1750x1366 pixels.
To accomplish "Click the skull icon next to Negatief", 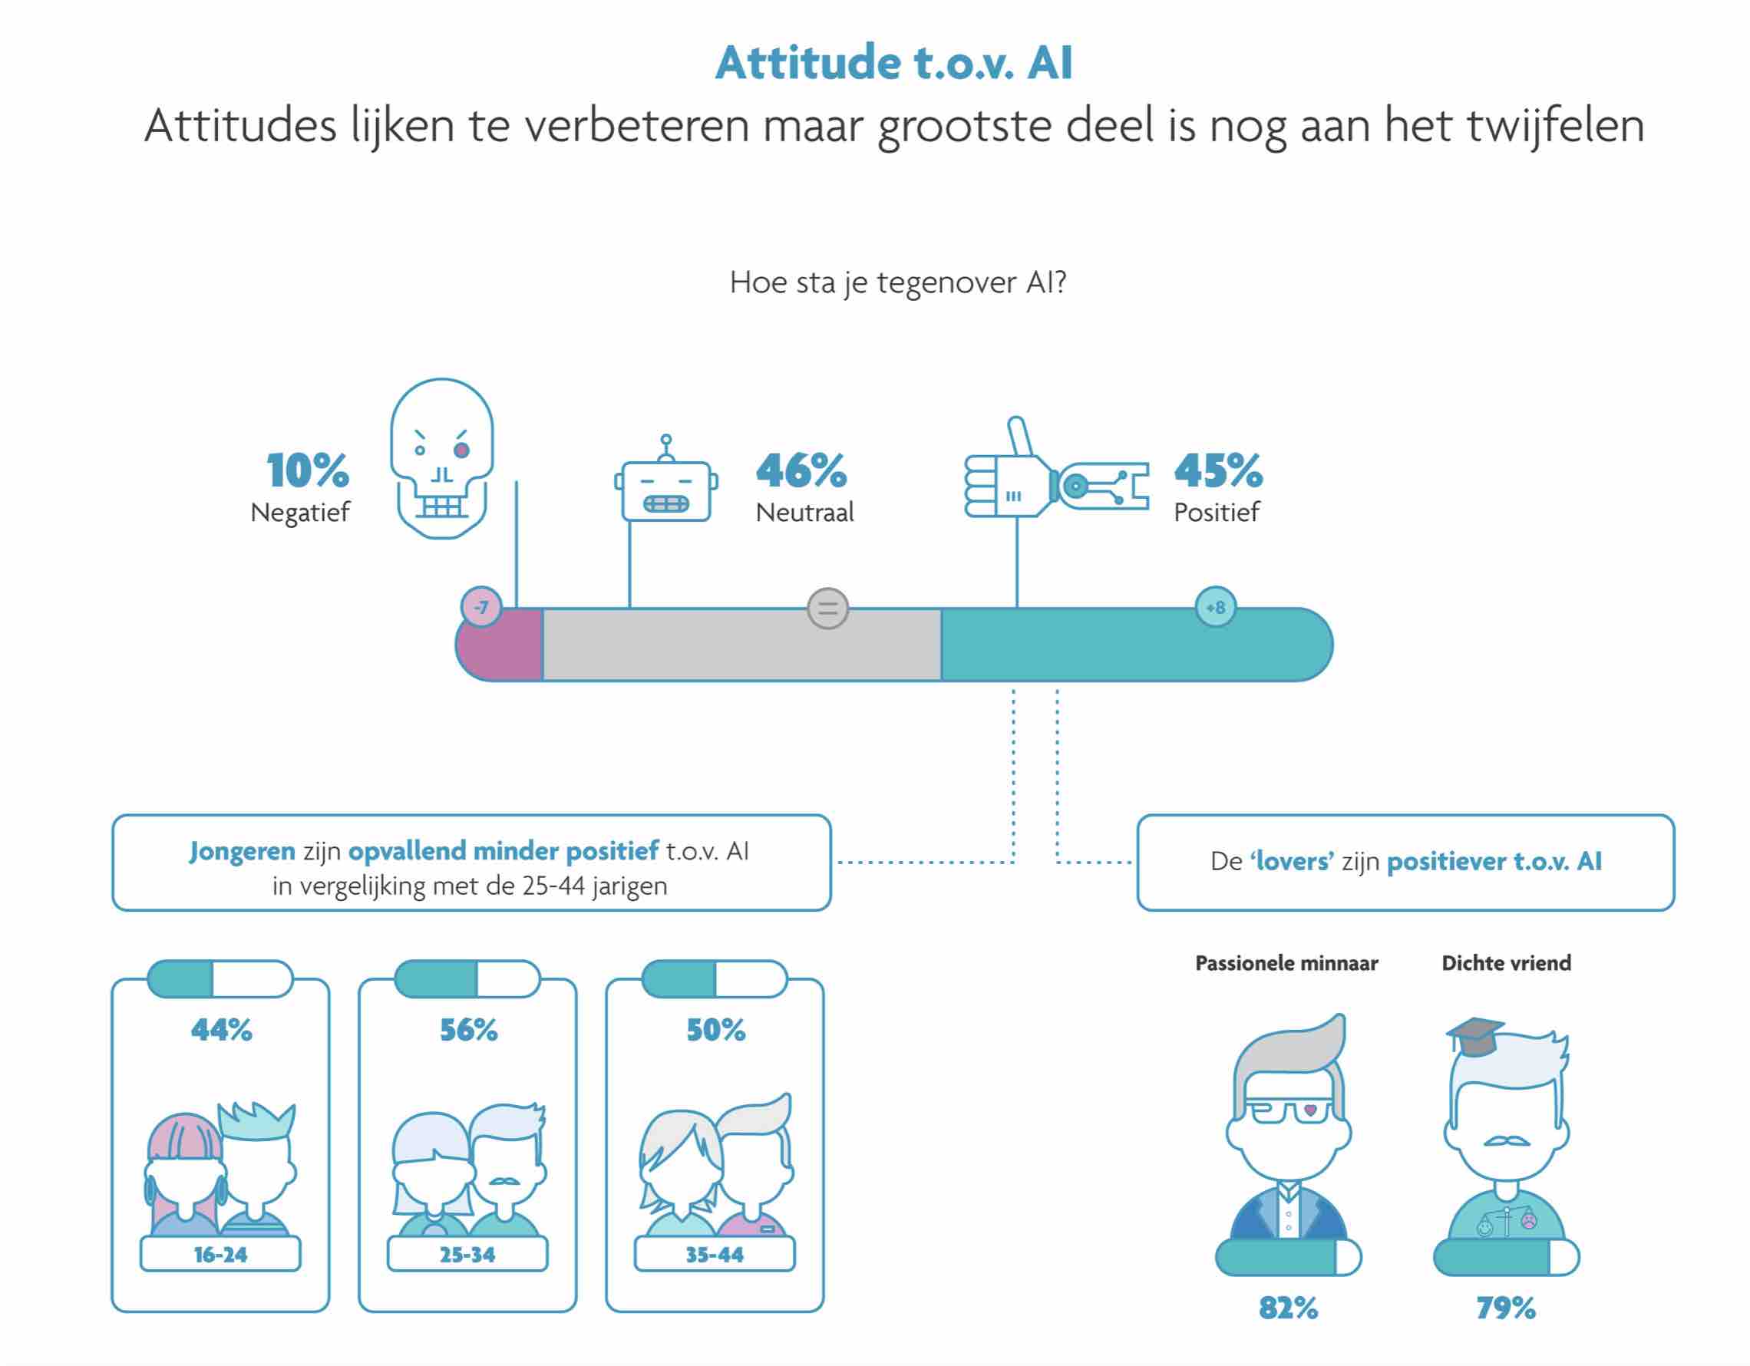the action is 441,458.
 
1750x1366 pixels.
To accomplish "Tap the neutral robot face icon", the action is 666,480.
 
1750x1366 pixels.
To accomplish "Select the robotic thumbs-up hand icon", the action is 1056,473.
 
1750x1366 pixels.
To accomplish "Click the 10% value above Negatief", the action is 308,470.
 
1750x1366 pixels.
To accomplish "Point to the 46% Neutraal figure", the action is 801,470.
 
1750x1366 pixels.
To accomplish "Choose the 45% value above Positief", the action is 1219,470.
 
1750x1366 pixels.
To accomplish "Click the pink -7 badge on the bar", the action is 480,607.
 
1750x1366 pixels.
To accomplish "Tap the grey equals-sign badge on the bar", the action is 827,609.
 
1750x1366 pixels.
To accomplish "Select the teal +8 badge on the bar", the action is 1216,607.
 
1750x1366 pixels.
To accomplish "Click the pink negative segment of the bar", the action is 500,645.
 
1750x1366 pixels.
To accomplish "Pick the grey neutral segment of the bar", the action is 742,645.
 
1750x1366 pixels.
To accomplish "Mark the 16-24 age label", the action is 220,1255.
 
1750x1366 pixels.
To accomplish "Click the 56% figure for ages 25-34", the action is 469,1030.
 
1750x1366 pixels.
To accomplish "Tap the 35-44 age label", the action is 715,1255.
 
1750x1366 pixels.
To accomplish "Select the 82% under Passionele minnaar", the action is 1289,1308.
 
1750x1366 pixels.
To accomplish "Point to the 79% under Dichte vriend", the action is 1507,1308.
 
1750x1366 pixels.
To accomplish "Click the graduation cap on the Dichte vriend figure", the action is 1474,1037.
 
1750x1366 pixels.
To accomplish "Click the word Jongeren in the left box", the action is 242,852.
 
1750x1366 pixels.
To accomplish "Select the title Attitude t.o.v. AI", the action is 894,62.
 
